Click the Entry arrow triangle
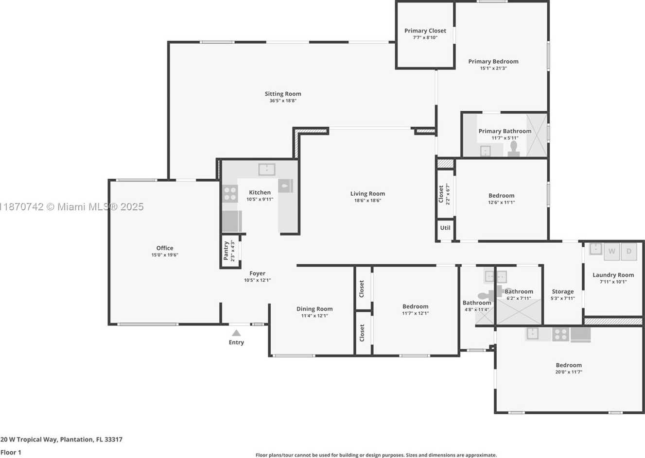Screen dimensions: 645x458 click(236, 333)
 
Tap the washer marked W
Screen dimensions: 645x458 click(611, 252)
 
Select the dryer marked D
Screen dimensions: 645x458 click(629, 252)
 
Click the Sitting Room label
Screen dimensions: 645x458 click(283, 94)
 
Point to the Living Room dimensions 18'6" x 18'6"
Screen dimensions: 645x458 click(367, 201)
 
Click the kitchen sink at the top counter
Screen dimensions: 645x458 click(267, 170)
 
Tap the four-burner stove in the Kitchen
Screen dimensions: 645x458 click(230, 194)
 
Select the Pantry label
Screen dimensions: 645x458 click(226, 251)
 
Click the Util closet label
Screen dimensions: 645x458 click(445, 228)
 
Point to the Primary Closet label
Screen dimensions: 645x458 click(425, 31)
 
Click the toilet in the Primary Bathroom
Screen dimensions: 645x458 click(513, 149)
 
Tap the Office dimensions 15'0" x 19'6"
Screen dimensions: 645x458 click(165, 255)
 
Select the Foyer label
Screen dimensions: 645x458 click(257, 273)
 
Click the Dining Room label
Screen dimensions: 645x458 click(314, 309)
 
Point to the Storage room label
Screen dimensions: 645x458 click(563, 292)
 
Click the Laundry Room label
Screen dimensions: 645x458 click(613, 275)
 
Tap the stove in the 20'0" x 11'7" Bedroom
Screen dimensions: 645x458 click(560, 335)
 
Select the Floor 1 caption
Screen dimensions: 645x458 click(11, 453)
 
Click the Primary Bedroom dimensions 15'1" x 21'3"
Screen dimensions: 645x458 click(493, 68)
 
